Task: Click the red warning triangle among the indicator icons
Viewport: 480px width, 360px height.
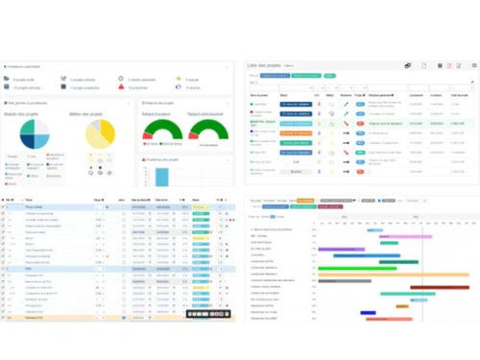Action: click(x=121, y=87)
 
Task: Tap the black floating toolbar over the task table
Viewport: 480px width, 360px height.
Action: click(x=207, y=314)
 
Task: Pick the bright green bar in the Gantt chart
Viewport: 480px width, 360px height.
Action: click(x=389, y=244)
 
